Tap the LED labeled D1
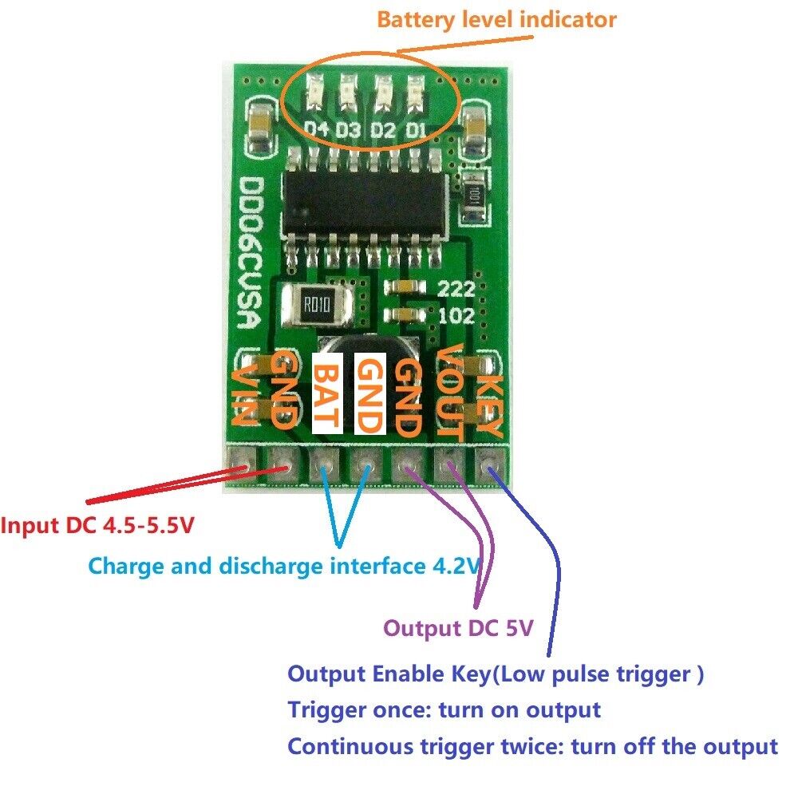(415, 93)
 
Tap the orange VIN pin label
(245, 395)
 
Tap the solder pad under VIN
(239, 460)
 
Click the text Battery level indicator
(496, 19)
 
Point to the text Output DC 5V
(458, 628)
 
